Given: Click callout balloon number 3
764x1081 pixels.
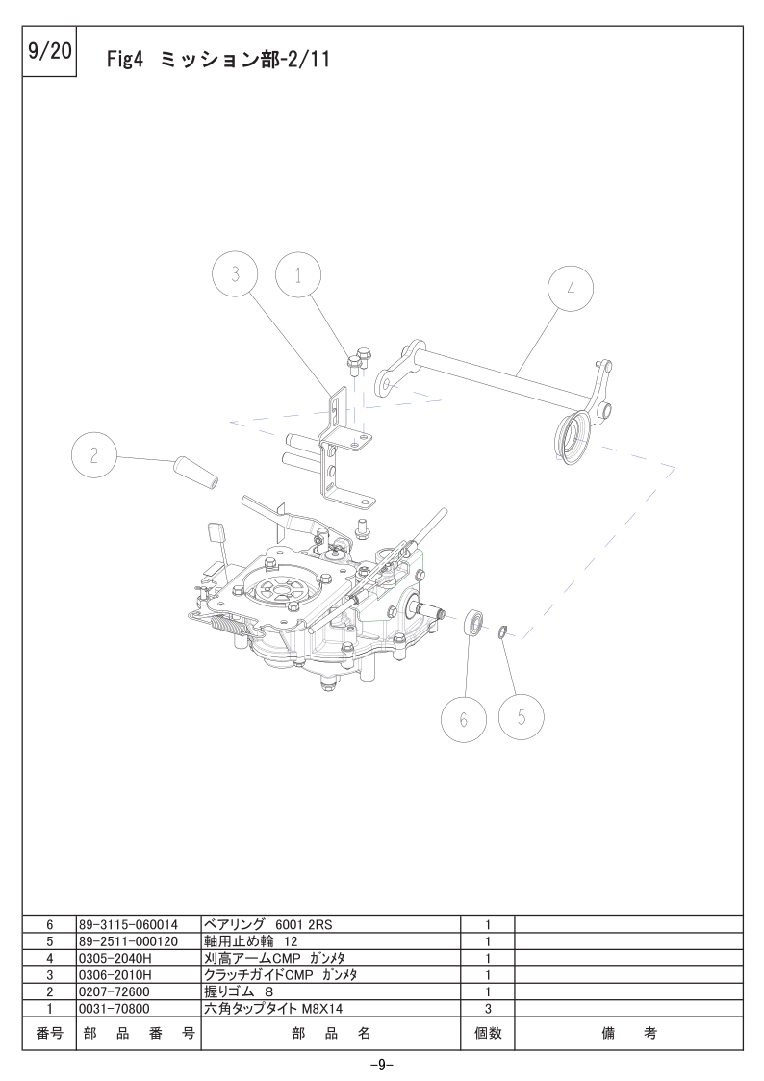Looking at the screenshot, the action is point(235,274).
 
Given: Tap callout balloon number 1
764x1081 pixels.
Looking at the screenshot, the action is point(298,275).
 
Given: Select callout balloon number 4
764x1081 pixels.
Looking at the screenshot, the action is point(571,288).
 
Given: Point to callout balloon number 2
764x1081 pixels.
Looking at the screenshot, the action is point(94,455).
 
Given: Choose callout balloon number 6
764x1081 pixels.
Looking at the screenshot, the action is point(464,720).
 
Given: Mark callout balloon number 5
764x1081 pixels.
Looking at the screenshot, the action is point(522,717).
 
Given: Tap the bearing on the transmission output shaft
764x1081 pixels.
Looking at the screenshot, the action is point(474,622).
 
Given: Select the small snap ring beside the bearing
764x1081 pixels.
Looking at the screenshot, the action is point(503,631).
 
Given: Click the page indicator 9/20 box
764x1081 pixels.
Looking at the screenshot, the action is point(50,52).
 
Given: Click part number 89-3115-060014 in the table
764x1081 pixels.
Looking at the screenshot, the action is point(128,924).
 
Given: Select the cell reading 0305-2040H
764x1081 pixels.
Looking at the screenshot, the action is point(115,959).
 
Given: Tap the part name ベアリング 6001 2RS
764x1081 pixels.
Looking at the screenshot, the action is point(268,924).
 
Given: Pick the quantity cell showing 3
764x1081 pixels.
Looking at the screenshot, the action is point(488,1009).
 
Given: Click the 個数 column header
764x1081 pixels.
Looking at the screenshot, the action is point(488,1033).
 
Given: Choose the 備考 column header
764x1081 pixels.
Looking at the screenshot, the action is point(629,1033).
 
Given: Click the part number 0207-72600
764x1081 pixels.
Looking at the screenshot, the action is point(115,992).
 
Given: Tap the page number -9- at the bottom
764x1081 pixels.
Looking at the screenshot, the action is point(382,1066).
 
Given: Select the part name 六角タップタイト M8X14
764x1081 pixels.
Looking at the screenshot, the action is point(273,1009).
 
